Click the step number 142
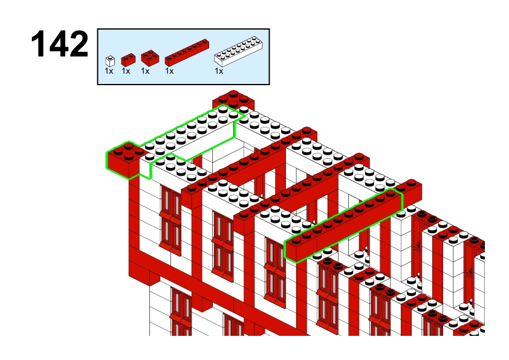(59, 43)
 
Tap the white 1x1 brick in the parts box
(110, 61)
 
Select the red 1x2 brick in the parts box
(128, 60)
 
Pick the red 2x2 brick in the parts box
(150, 58)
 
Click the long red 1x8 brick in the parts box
(187, 53)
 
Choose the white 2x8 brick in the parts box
(238, 51)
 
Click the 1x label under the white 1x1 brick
(109, 71)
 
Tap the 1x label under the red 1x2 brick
(126, 71)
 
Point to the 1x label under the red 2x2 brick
(145, 71)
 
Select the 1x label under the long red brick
(169, 71)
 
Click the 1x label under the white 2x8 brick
(219, 71)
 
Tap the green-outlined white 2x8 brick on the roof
(192, 133)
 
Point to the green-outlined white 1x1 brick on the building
(146, 167)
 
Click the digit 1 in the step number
(39, 43)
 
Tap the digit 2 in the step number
(79, 43)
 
